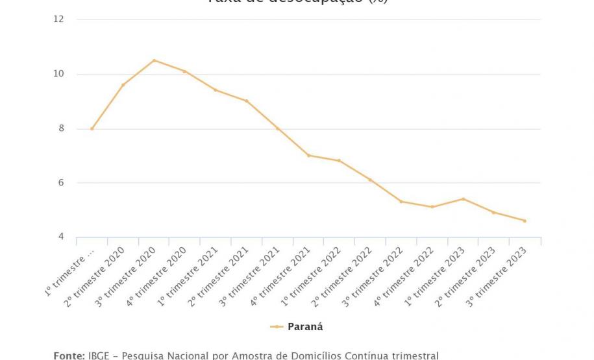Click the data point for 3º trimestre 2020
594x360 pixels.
point(154,60)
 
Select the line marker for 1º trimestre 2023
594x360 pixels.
point(463,199)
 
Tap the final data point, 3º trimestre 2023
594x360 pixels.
point(525,221)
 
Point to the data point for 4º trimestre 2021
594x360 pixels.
point(308,156)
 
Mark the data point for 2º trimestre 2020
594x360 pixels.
point(123,85)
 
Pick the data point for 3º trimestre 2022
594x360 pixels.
point(401,202)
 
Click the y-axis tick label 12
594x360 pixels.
point(59,19)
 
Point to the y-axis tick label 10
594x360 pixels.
point(59,74)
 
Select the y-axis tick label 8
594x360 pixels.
point(61,128)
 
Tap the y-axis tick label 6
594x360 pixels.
point(61,183)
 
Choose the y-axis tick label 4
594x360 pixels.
point(61,237)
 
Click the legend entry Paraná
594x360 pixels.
point(304,327)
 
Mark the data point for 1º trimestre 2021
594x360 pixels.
point(216,90)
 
